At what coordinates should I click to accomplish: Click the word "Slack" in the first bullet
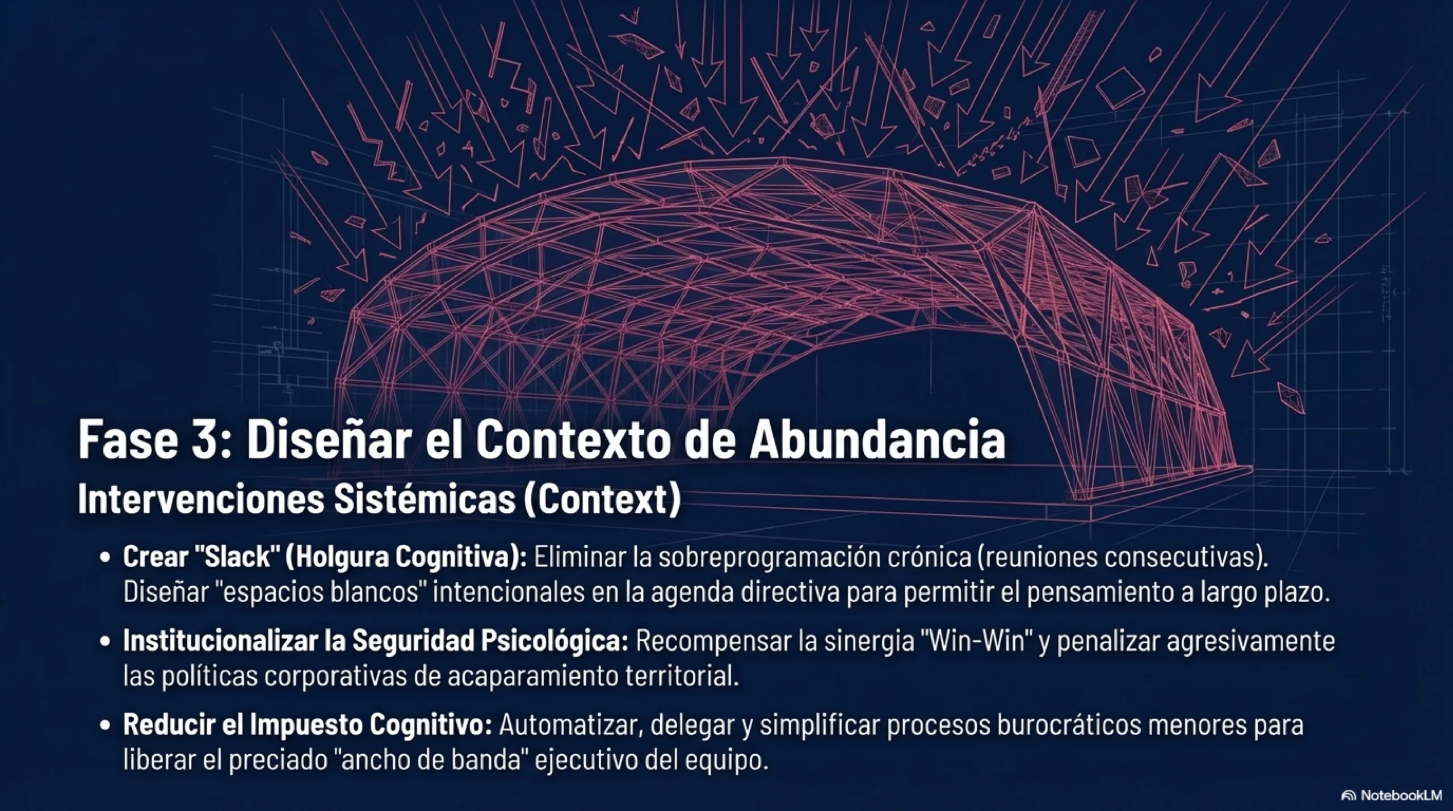pos(237,557)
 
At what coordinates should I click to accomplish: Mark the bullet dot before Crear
pos(104,558)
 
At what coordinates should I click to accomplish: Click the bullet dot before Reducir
pos(104,726)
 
